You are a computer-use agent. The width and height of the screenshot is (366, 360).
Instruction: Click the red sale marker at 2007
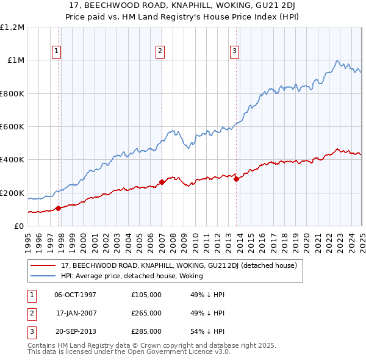162,182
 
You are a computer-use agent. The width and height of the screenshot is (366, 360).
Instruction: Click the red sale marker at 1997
59,208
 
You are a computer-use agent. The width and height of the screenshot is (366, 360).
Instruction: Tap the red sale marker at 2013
236,179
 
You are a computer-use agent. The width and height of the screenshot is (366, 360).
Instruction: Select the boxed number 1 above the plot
56,52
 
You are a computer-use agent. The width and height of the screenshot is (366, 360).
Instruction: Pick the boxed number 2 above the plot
160,52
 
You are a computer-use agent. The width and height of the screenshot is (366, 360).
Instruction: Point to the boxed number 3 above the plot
234,52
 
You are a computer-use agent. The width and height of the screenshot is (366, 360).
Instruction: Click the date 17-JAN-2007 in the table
76,313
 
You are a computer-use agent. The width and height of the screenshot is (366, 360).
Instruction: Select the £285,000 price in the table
146,331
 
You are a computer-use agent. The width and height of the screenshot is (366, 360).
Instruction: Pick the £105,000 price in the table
146,295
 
